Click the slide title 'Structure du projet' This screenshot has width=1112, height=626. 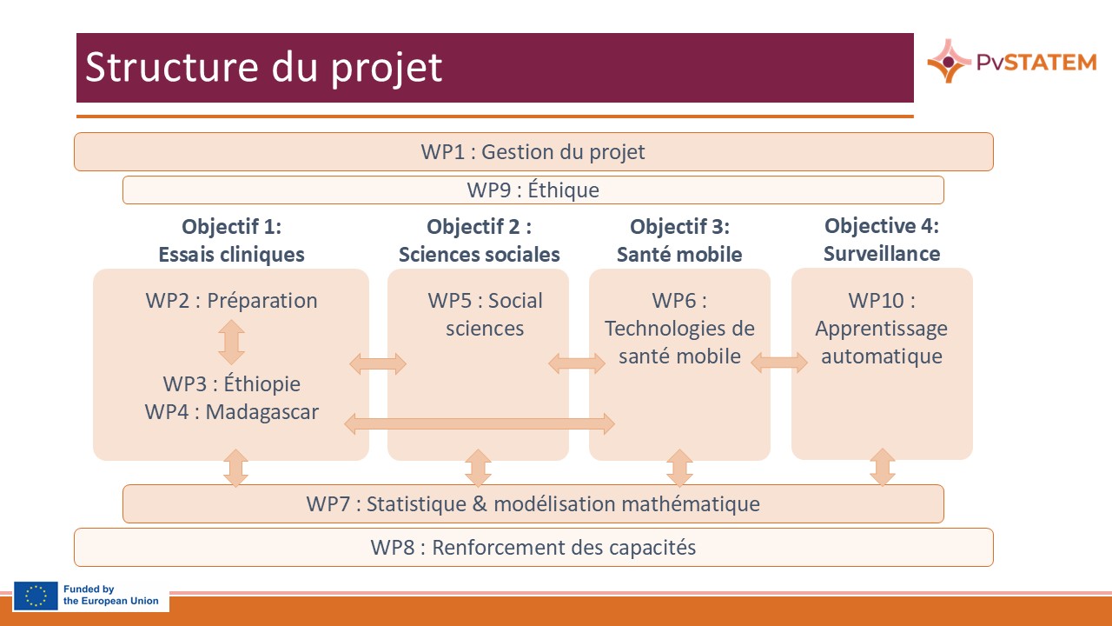(263, 68)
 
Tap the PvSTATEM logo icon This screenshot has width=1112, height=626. (948, 61)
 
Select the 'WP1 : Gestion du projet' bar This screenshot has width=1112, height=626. (533, 152)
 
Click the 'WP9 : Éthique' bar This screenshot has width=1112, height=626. (533, 190)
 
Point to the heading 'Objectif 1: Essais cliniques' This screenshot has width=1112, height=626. (231, 241)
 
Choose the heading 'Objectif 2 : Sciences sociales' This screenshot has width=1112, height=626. (479, 241)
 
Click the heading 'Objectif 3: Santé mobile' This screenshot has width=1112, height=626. (679, 241)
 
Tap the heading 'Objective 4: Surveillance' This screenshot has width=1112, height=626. (882, 240)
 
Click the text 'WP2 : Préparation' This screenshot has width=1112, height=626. (231, 301)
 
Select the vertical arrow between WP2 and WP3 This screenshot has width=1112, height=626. (231, 342)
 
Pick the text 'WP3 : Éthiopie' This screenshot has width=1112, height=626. (231, 383)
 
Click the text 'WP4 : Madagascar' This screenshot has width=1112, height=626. (231, 411)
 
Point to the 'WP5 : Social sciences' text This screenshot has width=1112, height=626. (485, 314)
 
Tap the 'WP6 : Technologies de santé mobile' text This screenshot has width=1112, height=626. (679, 328)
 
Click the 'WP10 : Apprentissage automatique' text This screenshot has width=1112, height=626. (882, 328)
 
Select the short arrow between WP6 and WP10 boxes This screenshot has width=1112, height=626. (779, 363)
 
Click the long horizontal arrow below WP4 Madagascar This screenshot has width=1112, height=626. (480, 424)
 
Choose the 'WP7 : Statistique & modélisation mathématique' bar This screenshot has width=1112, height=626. (533, 503)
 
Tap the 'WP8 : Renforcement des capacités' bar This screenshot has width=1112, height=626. (533, 548)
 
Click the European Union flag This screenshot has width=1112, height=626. (36, 596)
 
